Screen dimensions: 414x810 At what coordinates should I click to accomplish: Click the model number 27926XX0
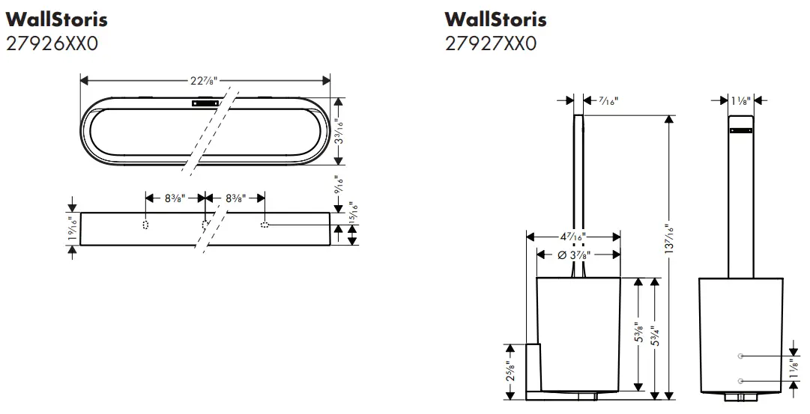tap(52, 43)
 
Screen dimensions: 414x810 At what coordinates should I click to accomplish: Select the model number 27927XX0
tap(491, 43)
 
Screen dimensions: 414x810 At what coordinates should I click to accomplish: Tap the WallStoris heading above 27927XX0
tap(495, 19)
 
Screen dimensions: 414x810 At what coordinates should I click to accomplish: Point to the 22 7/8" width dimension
tap(205, 80)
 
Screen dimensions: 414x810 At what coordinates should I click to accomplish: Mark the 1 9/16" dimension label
tap(72, 228)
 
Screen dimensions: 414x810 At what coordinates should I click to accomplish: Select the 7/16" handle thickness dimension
tap(608, 100)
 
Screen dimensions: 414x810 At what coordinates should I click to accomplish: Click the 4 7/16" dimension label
tap(572, 237)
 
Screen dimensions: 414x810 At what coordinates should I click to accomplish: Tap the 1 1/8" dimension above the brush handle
tap(740, 100)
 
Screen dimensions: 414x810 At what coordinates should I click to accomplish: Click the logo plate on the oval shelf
tap(205, 105)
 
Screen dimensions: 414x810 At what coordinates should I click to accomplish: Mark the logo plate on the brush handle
tap(740, 131)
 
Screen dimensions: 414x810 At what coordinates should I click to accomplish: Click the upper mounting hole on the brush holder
tap(740, 355)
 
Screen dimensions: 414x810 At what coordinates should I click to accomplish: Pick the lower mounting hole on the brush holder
tap(740, 381)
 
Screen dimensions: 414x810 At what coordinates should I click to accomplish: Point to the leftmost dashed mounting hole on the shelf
tap(146, 225)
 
